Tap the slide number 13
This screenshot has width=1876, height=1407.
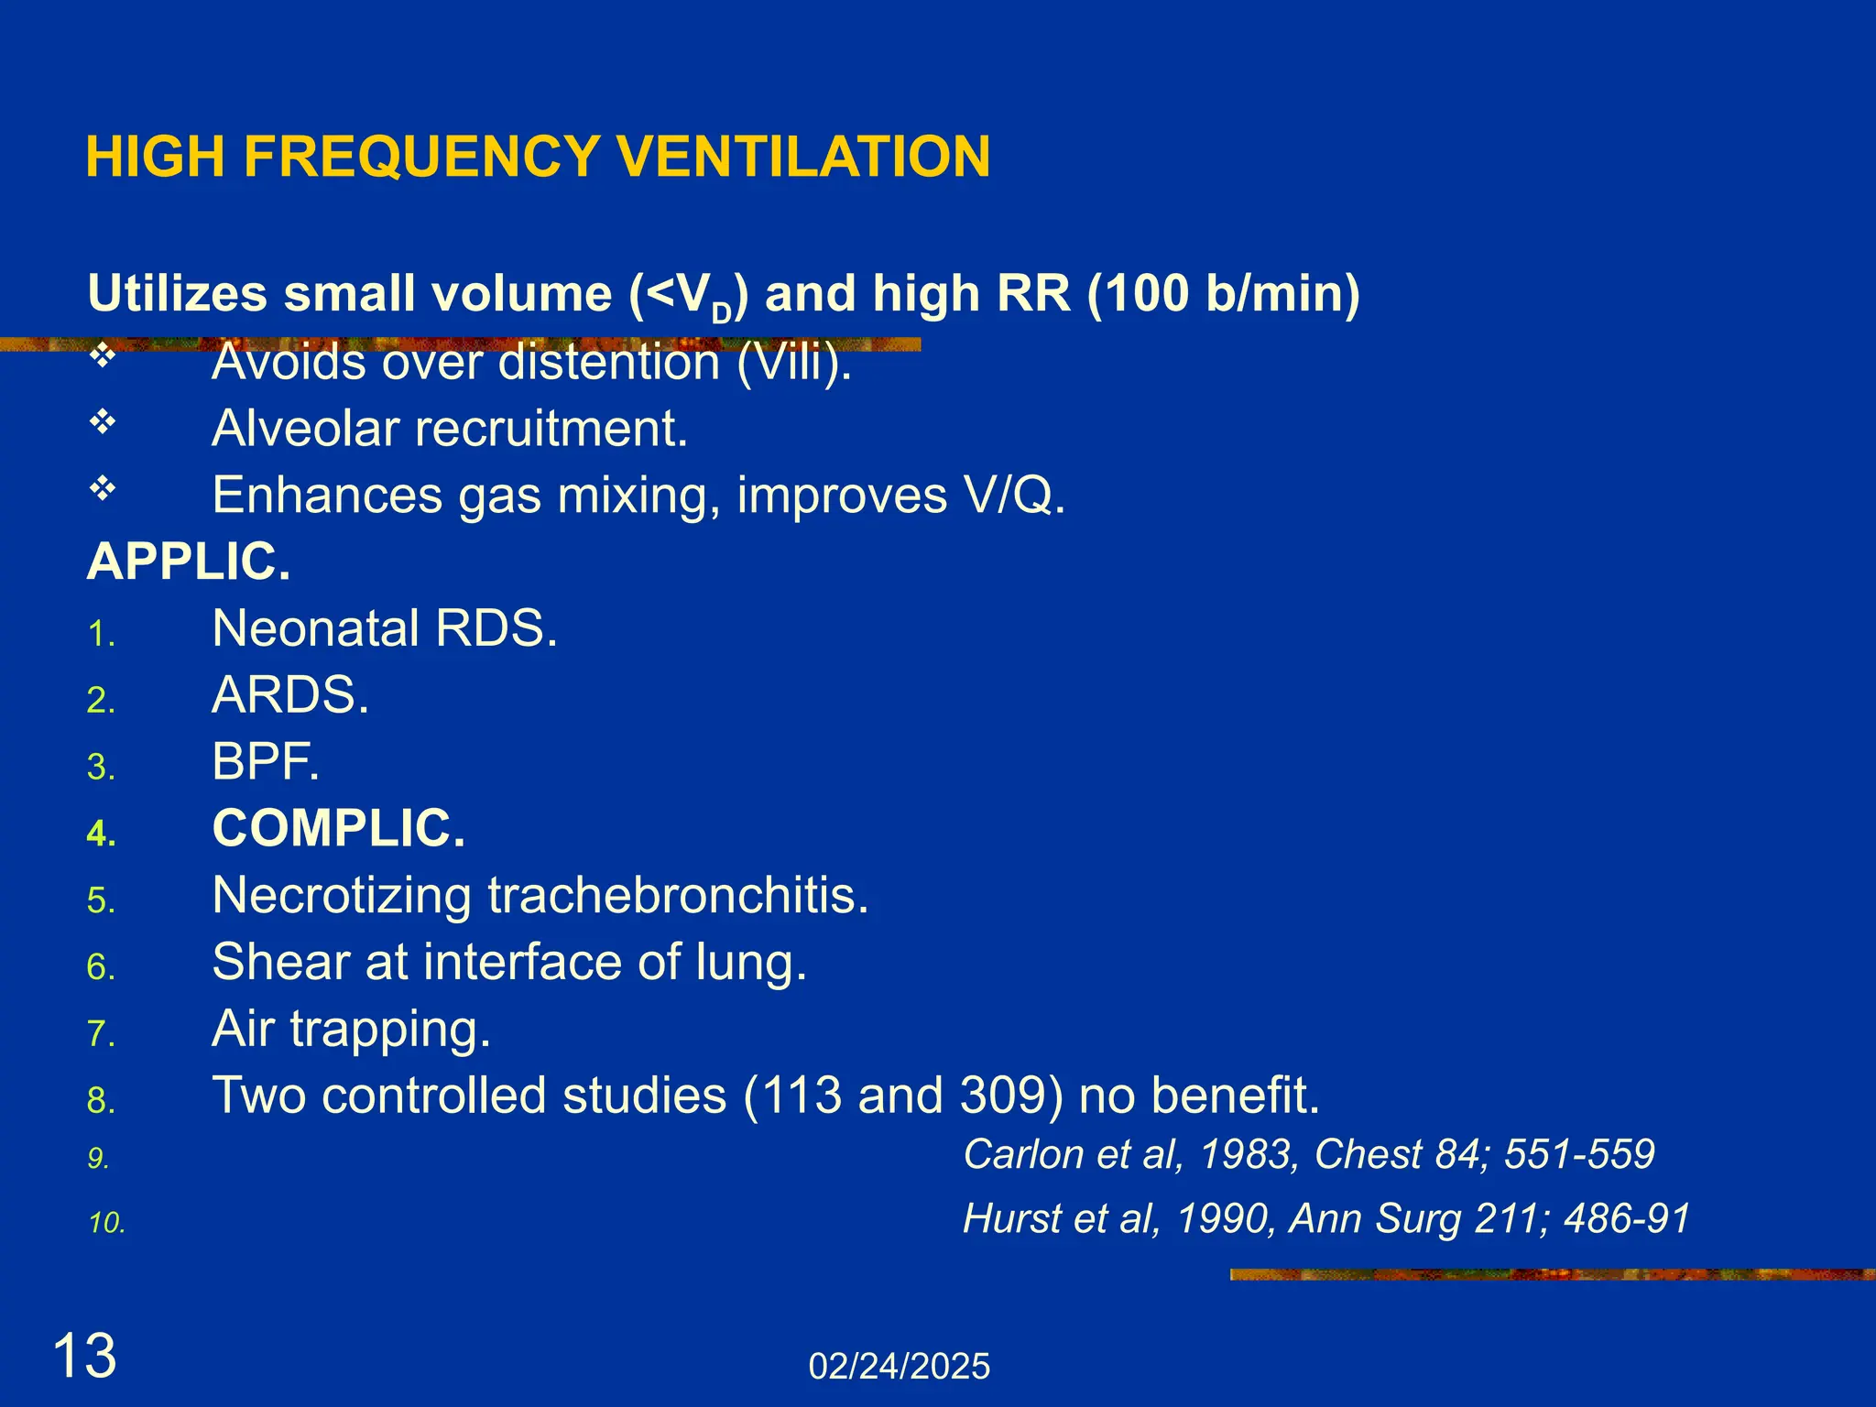tap(84, 1357)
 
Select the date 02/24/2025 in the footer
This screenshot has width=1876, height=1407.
tap(899, 1367)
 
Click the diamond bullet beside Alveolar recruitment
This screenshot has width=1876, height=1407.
tap(103, 422)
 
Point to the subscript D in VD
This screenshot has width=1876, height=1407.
tap(722, 313)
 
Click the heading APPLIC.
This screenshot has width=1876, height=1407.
tap(189, 562)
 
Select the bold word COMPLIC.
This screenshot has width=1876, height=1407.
tap(339, 828)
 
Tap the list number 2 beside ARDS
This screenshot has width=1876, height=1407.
tap(100, 701)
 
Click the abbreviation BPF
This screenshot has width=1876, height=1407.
tap(266, 761)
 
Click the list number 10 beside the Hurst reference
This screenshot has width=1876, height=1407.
tap(106, 1224)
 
